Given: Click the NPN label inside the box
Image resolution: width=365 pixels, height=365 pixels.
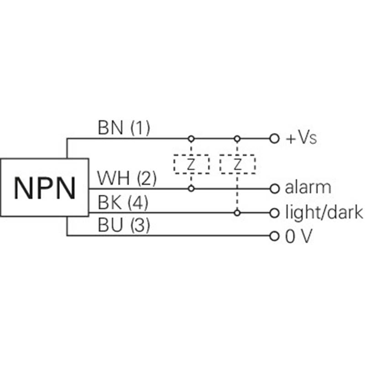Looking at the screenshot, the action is point(45,188).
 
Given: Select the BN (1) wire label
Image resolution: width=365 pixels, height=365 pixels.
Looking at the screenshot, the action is point(124,128).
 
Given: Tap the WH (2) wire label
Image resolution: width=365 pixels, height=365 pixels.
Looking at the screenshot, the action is point(127,178).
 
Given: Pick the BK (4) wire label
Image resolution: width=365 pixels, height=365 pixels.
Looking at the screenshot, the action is point(123,203).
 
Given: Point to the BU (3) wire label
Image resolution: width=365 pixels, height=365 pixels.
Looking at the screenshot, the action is point(124,225).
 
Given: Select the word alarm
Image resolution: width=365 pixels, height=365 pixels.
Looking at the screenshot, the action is point(308,187).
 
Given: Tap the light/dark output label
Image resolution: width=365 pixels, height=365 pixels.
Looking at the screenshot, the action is point(324,212).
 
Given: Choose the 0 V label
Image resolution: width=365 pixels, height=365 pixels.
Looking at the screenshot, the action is point(299,236).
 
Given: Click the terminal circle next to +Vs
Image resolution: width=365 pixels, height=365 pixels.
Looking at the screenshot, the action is point(275,139).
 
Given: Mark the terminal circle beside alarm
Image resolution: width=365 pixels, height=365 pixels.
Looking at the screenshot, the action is point(275,188).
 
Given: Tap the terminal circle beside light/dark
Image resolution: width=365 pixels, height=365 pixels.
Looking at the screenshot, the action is point(275,213).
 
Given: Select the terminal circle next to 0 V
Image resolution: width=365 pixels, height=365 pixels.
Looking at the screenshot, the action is point(275,236).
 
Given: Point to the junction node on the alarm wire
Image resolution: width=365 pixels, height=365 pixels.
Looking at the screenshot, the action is point(191,188).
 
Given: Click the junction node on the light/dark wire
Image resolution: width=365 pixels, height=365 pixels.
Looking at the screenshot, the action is point(237,213).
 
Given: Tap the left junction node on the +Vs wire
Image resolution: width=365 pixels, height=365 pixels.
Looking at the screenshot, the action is point(191,139).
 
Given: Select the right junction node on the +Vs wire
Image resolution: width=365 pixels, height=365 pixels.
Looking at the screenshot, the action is point(237,139).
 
